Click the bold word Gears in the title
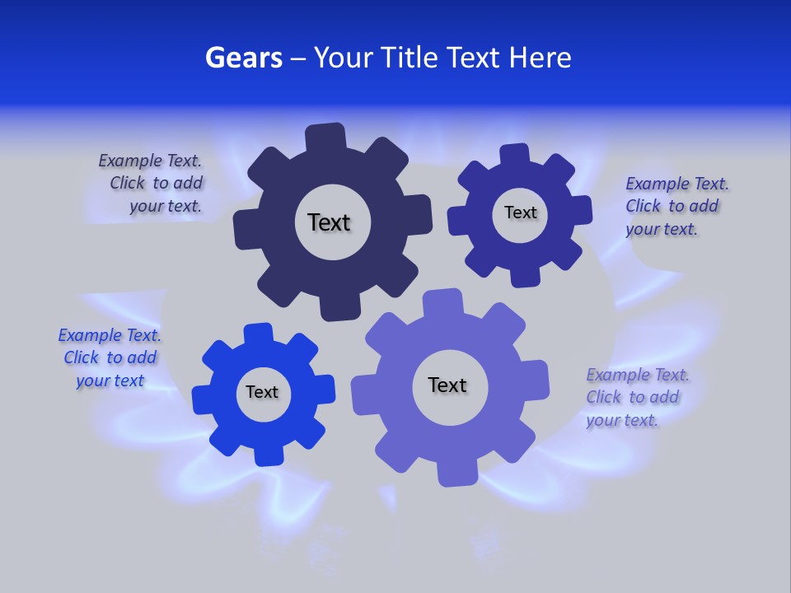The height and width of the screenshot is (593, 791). (243, 58)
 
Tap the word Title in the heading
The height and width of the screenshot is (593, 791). (410, 58)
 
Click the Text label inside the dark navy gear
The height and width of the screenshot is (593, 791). (329, 222)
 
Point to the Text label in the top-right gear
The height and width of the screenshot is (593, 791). (520, 212)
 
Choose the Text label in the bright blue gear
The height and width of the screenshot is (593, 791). (262, 392)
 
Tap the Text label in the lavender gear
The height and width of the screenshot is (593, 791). (447, 385)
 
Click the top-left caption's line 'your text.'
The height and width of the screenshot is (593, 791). (166, 206)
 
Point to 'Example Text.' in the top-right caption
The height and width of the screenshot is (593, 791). (677, 184)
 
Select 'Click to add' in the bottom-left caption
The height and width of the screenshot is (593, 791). (110, 357)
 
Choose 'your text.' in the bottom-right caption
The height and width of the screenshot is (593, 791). (622, 420)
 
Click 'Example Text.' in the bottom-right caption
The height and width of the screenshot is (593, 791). (638, 375)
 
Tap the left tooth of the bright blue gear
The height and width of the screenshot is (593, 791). (203, 399)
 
